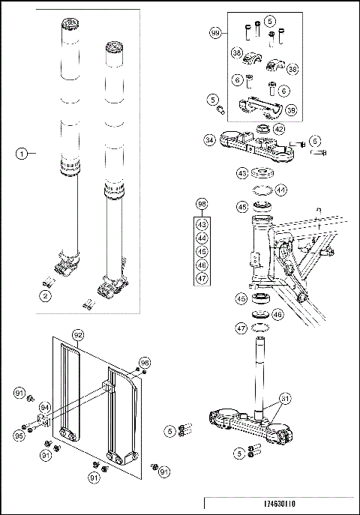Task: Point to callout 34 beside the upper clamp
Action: tap(211, 139)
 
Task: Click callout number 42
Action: tap(279, 128)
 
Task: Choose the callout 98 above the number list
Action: tap(201, 204)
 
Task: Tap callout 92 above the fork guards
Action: tap(77, 334)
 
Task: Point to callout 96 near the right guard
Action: tap(145, 362)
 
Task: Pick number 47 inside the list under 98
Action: tap(201, 278)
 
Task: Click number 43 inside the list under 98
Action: tap(201, 223)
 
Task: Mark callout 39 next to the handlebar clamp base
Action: tap(289, 109)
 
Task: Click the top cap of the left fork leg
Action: tap(70, 27)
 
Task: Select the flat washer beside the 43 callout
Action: tap(262, 172)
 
